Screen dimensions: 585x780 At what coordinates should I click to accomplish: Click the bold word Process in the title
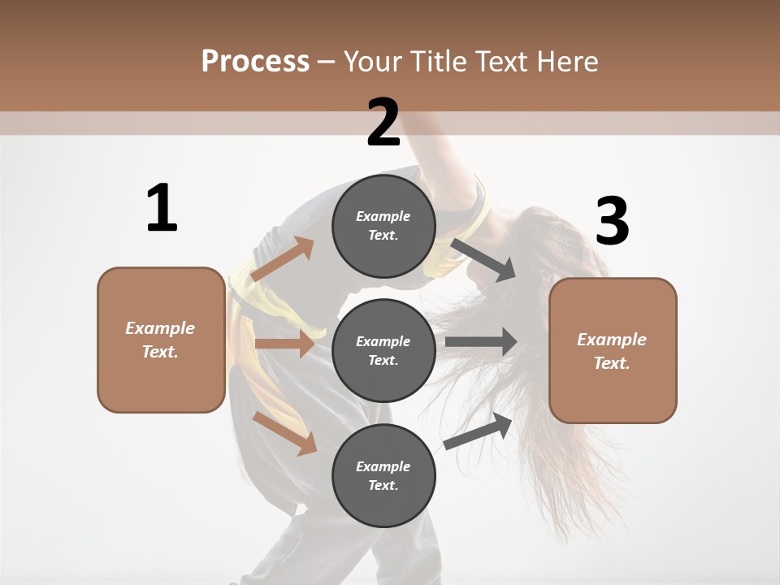255,61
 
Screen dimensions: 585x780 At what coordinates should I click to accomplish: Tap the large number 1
162,209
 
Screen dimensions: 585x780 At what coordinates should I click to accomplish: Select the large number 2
383,123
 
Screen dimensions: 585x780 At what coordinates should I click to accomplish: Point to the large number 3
612,222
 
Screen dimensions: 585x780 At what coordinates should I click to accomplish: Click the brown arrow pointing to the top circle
282,259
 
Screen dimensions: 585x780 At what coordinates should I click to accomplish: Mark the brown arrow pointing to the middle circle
284,344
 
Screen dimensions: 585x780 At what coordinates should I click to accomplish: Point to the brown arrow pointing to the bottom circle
284,432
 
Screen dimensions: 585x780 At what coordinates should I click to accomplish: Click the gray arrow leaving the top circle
484,259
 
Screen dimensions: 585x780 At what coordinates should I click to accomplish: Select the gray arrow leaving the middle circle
481,342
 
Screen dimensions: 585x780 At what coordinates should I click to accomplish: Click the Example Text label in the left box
160,340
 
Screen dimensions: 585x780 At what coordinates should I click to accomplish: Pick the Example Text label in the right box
612,351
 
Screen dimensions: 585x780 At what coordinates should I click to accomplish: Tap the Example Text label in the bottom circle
383,475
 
